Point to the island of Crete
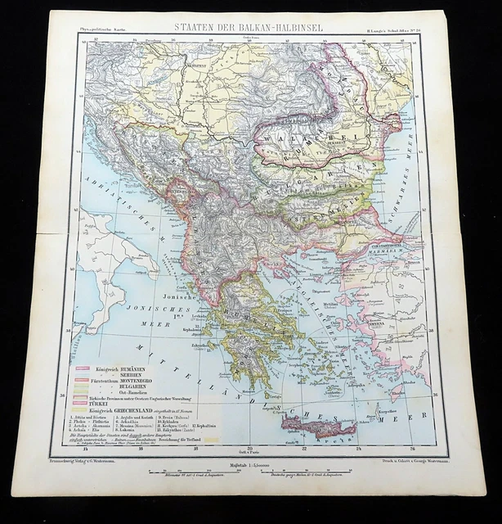[318, 426]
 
